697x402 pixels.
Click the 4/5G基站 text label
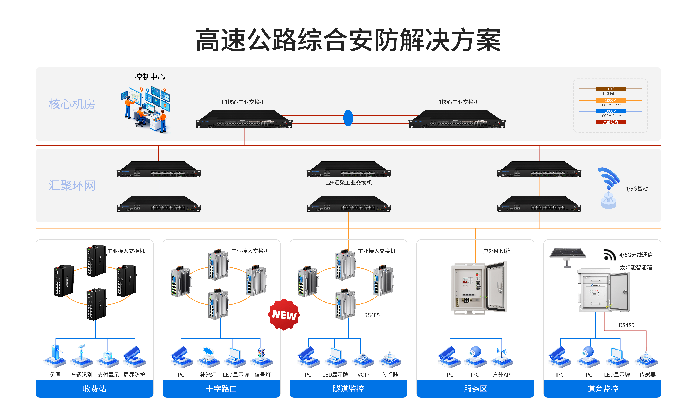click(x=636, y=189)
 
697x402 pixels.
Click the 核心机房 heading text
click(x=72, y=104)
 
